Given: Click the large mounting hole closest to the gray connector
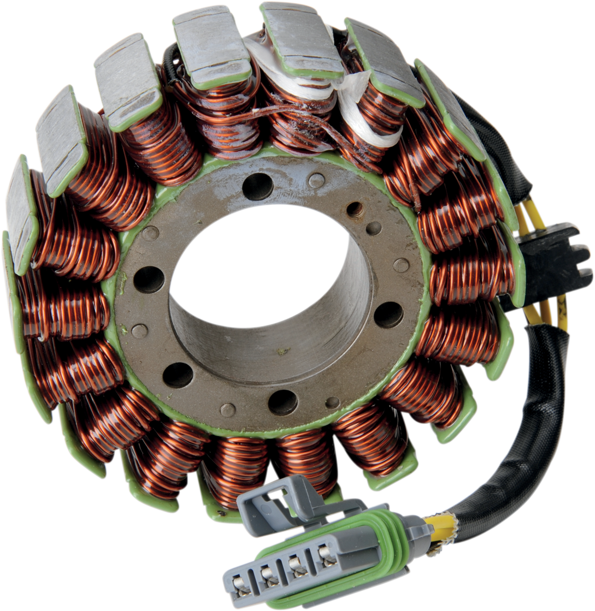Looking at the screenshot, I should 283,401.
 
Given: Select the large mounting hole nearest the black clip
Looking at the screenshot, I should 389,315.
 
